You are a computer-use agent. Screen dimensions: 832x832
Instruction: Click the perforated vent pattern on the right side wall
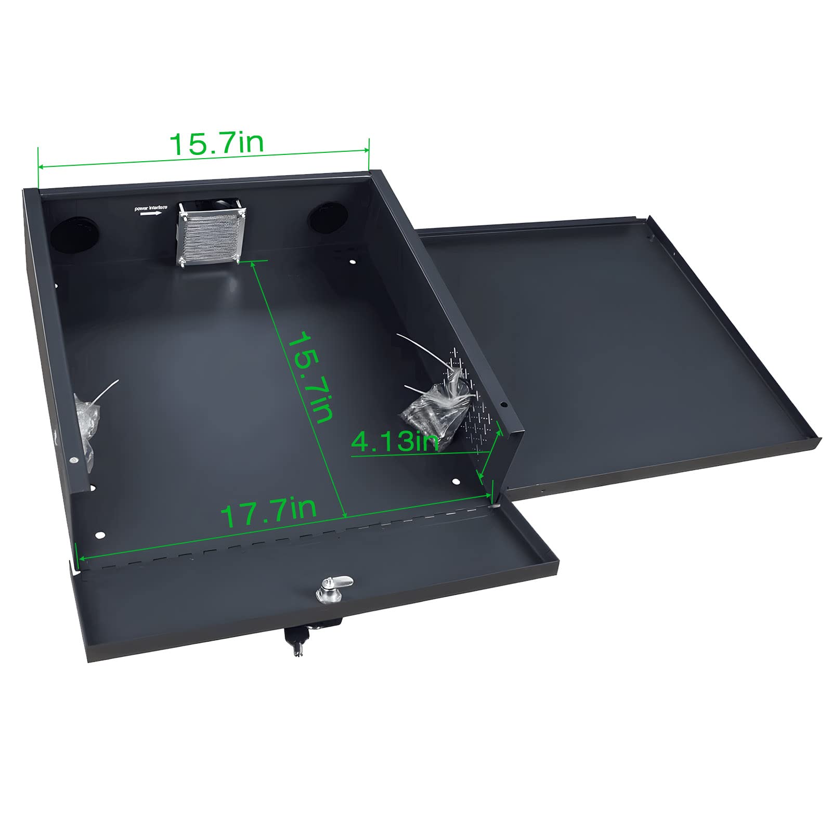(x=470, y=400)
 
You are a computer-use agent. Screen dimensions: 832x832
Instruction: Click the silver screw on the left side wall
(x=75, y=460)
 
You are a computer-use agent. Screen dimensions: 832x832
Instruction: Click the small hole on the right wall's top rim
(x=503, y=404)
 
